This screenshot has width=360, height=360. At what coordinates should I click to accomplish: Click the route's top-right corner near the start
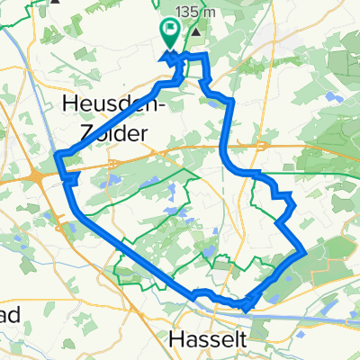(207, 57)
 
